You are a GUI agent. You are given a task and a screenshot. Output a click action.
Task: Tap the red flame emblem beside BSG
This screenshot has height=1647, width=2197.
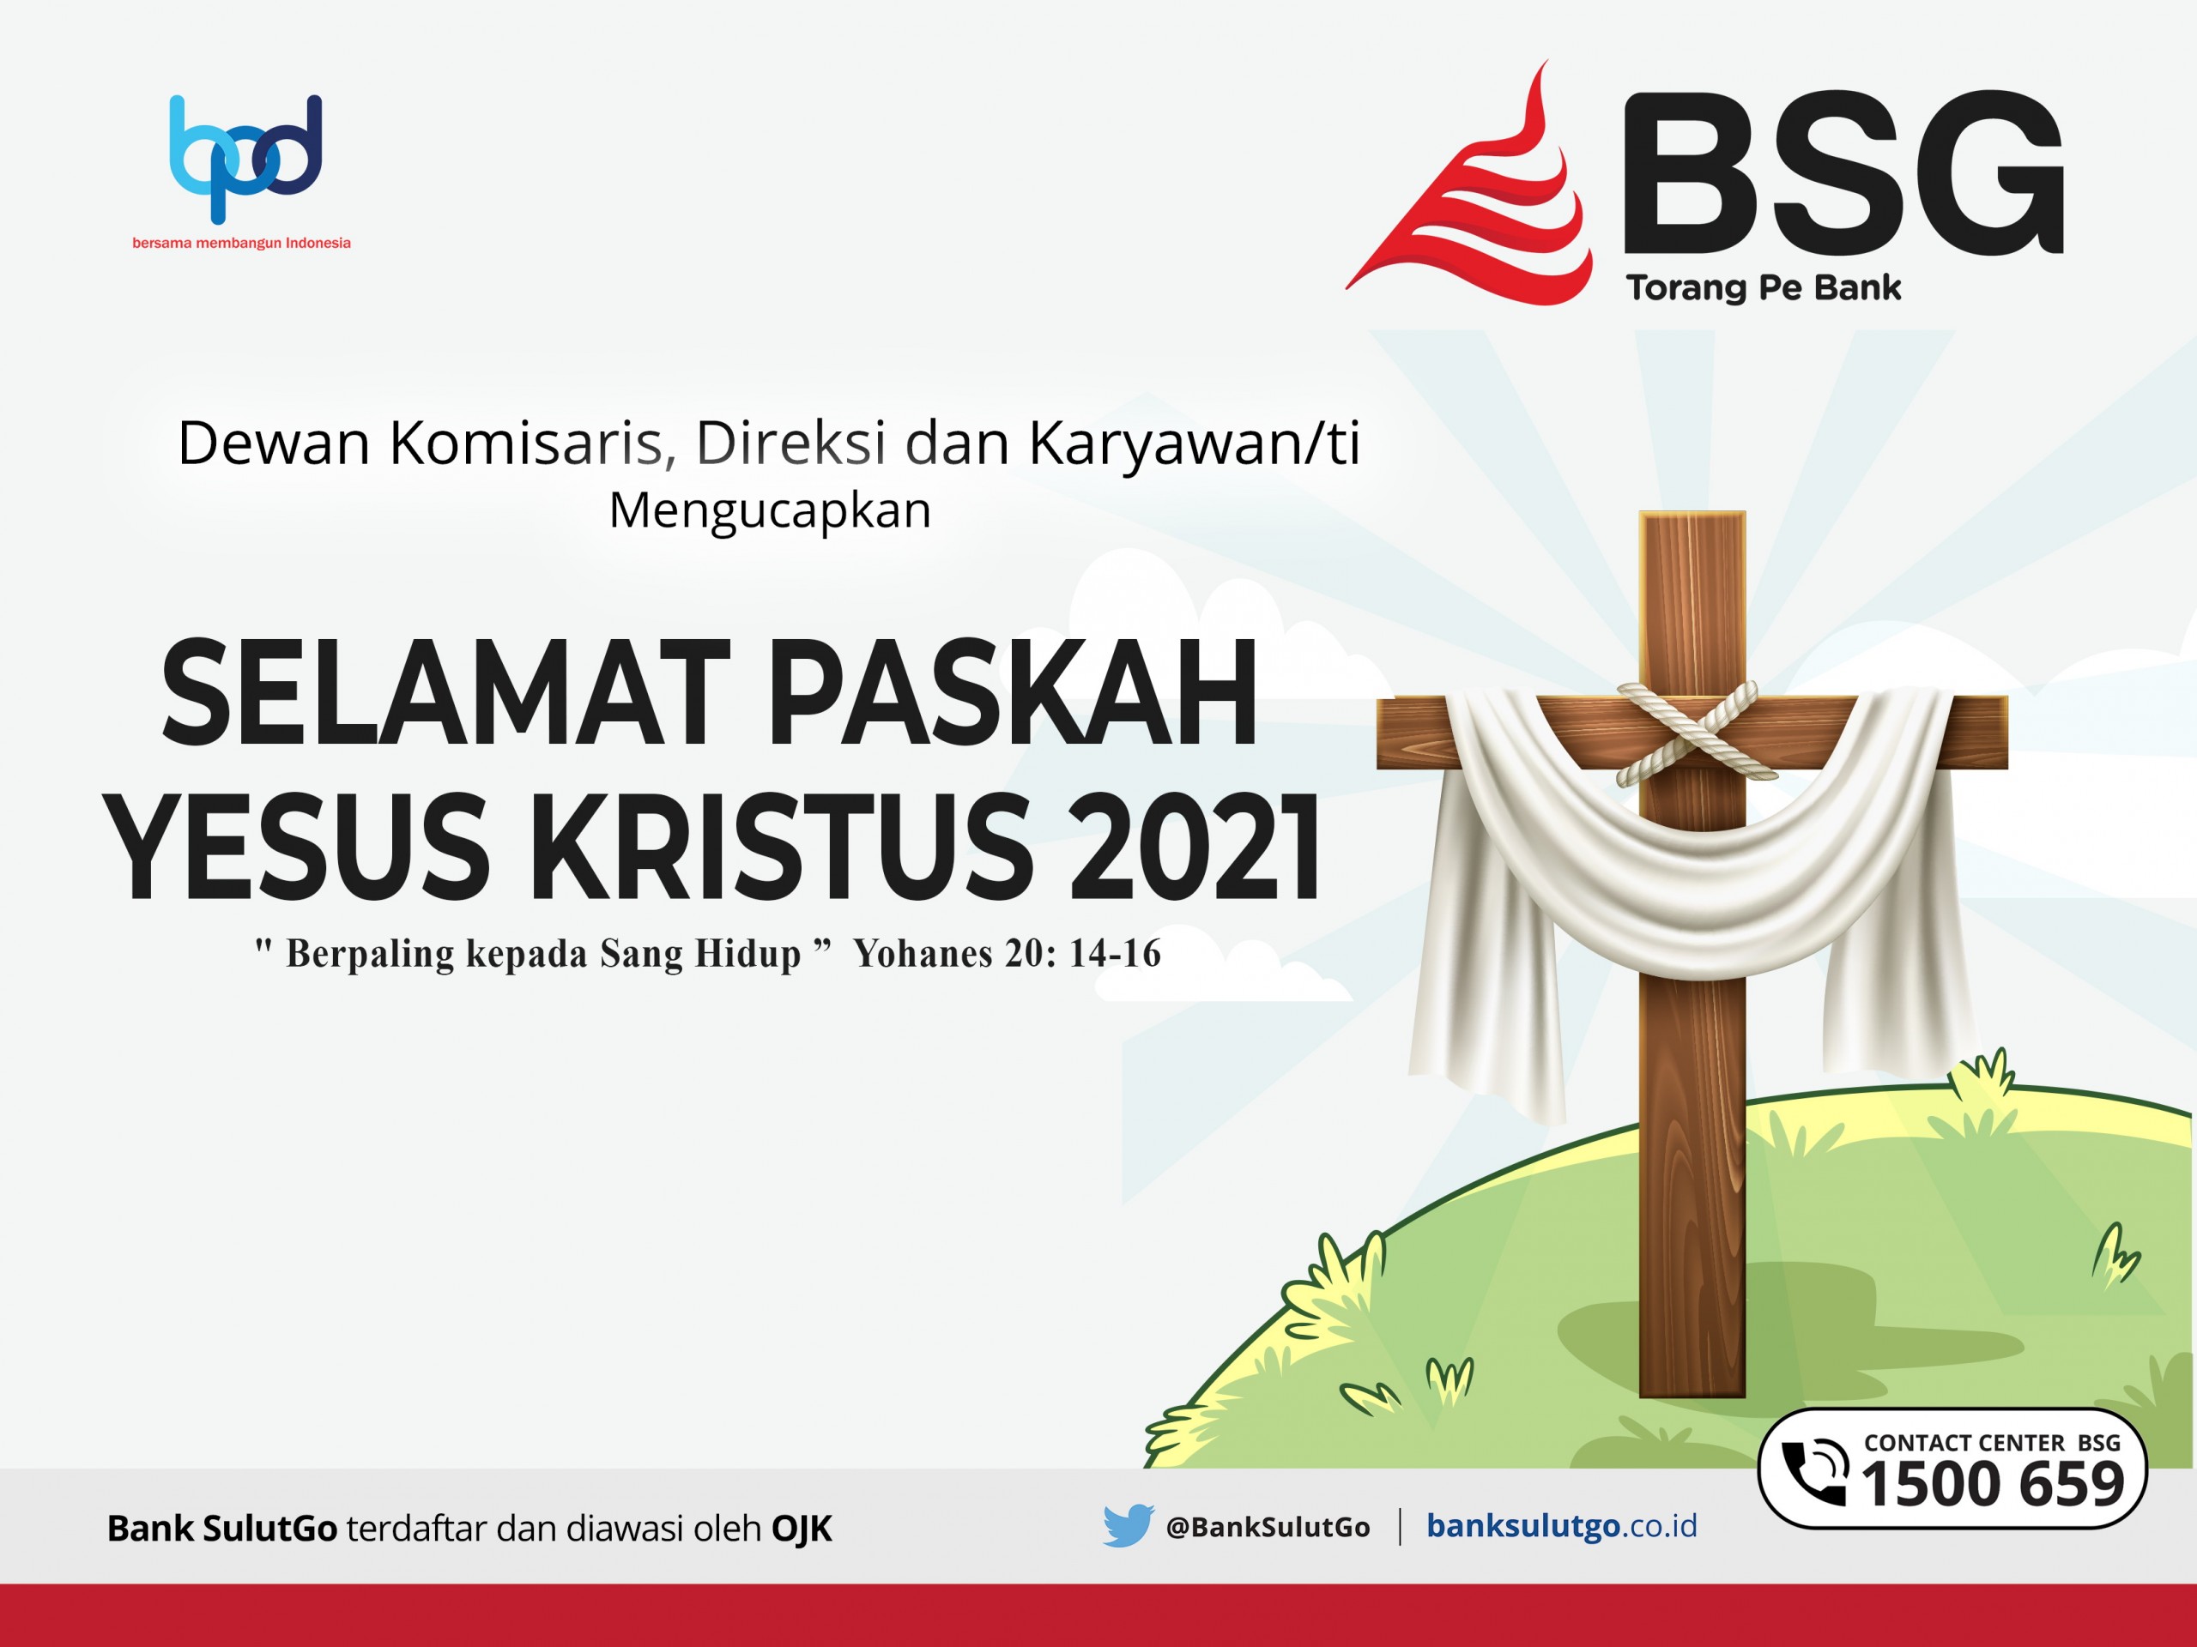click(1470, 184)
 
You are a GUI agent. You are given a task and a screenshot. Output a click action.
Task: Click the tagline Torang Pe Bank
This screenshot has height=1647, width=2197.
click(1764, 288)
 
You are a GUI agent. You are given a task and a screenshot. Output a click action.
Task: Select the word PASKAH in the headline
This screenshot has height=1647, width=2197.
click(1013, 693)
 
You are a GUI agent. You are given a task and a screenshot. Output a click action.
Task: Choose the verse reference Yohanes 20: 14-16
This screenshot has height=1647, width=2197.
click(1008, 954)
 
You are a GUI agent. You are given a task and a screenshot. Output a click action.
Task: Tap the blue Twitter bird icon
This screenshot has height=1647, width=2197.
click(1128, 1526)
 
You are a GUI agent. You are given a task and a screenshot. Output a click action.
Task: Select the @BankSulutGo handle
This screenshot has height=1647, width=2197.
click(1268, 1527)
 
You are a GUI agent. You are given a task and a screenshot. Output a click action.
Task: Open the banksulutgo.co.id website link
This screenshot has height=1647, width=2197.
click(1562, 1527)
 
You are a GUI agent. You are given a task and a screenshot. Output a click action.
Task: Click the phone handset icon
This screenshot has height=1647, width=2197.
click(1814, 1471)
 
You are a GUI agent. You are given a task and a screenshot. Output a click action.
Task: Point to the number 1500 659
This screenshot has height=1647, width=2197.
click(1993, 1485)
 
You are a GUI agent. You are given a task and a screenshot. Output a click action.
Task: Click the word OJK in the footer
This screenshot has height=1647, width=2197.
click(802, 1529)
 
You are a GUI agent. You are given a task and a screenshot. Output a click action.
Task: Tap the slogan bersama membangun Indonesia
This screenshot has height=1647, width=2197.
click(241, 244)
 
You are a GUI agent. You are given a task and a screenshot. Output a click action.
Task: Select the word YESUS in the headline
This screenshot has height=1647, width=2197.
click(298, 847)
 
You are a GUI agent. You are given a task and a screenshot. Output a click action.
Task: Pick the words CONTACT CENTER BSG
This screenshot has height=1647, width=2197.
click(1993, 1443)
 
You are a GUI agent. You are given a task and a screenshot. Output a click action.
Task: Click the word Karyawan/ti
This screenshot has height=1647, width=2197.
click(1194, 443)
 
